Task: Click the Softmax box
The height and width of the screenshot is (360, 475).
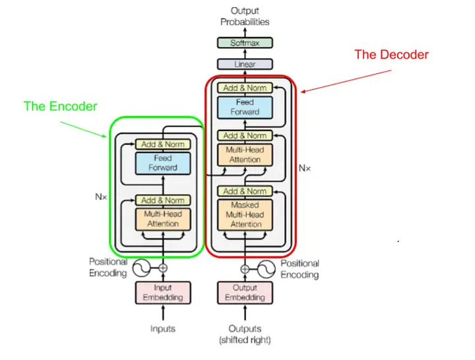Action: click(245, 43)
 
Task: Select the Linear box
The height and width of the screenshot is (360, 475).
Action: click(245, 65)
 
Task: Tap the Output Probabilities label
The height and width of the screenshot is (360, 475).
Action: click(245, 16)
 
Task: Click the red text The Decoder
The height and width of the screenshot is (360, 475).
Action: click(391, 55)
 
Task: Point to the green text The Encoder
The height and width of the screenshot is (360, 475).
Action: click(60, 106)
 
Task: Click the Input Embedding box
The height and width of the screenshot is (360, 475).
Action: click(163, 293)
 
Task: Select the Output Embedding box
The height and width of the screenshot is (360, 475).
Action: click(245, 293)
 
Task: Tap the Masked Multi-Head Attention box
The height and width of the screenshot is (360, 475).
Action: click(245, 215)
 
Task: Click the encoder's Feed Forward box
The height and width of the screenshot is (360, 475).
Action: click(163, 163)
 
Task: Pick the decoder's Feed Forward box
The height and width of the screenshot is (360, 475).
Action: click(245, 107)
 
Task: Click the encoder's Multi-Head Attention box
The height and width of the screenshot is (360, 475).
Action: click(163, 219)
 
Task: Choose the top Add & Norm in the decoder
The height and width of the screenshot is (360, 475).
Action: click(245, 88)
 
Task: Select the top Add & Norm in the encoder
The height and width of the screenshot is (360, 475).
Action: click(163, 144)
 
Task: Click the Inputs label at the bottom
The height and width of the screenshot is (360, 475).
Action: click(163, 328)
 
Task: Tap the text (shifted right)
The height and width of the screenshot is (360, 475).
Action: click(245, 340)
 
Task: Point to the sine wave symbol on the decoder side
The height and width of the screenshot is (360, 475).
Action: click(265, 268)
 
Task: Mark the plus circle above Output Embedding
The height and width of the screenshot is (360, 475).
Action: click(245, 268)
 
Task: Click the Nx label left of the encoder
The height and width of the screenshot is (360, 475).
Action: click(100, 196)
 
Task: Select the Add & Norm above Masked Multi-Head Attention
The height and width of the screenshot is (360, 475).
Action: click(245, 191)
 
